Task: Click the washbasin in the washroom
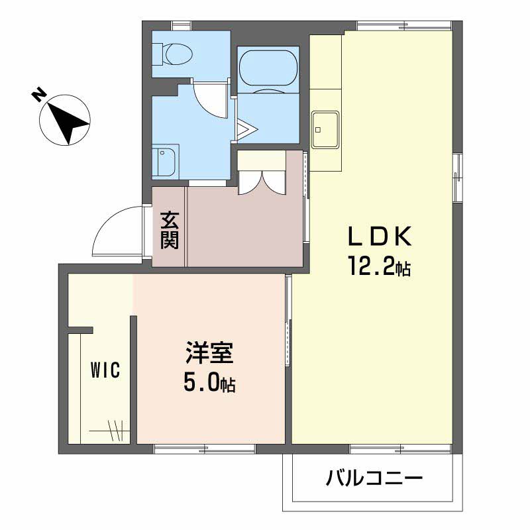[x=164, y=161]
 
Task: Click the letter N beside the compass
[x=39, y=95]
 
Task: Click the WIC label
[x=105, y=370]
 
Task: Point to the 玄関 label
[x=170, y=230]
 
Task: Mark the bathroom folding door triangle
[x=244, y=129]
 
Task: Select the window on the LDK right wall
[x=458, y=177]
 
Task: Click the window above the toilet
[x=180, y=26]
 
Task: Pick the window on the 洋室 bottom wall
[x=204, y=449]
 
